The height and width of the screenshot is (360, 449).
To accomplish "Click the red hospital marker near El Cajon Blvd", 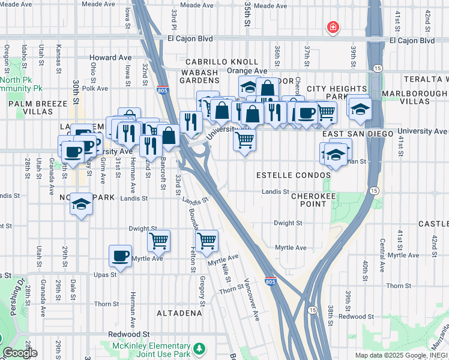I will point(332,27).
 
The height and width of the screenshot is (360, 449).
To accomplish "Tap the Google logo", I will point(20,353).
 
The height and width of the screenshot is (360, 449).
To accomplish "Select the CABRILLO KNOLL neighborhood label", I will point(221,62).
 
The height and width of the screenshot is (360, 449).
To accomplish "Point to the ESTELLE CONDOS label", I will point(294,175).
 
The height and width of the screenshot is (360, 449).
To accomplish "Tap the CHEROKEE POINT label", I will point(309,200).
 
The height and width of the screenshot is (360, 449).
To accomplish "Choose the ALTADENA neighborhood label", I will point(179,313).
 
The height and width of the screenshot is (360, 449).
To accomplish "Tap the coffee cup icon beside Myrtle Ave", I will point(120,256).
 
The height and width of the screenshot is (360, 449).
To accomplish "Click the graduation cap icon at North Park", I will point(81,204).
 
